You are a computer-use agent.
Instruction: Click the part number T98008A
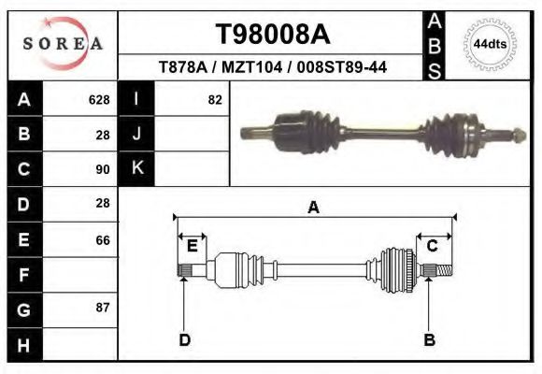point(272,35)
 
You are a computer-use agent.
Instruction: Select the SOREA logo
point(62,44)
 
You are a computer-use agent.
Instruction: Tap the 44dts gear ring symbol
point(490,44)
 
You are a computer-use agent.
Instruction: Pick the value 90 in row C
point(103,170)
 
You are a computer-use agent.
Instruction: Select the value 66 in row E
point(103,240)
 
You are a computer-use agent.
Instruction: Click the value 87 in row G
point(103,308)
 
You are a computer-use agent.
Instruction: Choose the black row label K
point(136,169)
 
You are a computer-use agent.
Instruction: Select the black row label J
point(136,135)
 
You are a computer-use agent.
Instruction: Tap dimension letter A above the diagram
point(314,208)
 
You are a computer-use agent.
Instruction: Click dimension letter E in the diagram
point(193,246)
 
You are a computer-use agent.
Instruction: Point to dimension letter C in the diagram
point(433,246)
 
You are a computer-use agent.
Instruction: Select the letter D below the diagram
point(185,339)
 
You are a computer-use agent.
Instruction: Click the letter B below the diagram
point(429,339)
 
